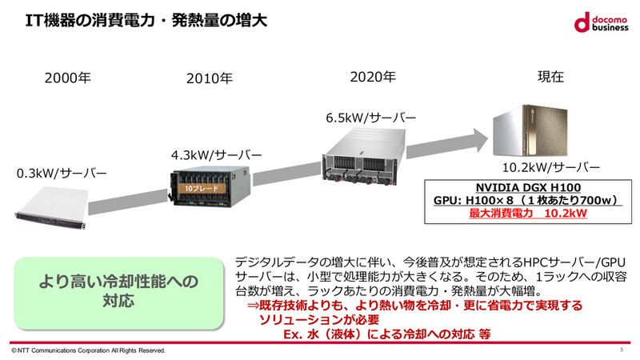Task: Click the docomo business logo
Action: (x=600, y=24)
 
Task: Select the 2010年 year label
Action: (x=209, y=78)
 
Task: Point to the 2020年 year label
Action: (x=372, y=77)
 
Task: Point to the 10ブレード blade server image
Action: (x=210, y=189)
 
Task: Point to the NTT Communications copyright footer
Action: (x=86, y=350)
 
